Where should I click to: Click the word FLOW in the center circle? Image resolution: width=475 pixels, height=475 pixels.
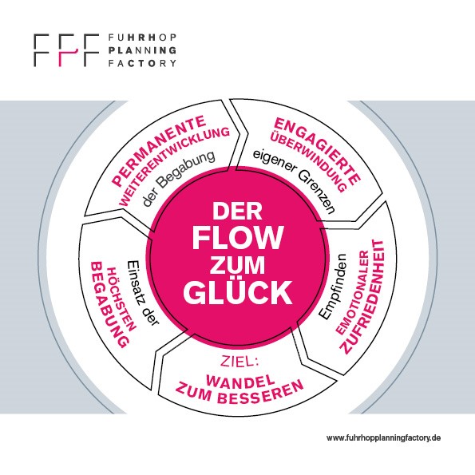238,238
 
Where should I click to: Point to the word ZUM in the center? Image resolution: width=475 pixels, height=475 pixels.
238,265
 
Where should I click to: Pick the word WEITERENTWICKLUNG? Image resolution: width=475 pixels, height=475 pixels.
174,166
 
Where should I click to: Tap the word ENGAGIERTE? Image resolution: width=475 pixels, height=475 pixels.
319,149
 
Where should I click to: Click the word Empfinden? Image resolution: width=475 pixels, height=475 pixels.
333,287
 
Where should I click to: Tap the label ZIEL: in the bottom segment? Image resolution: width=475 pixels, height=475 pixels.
239,362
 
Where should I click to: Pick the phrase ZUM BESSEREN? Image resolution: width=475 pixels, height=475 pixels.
239,393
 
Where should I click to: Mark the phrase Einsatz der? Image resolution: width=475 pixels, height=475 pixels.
142,293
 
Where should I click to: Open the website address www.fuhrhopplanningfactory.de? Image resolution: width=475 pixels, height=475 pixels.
383,438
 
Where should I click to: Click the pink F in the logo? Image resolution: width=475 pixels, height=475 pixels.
66,50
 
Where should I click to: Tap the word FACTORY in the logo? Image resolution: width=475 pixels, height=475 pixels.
142,63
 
